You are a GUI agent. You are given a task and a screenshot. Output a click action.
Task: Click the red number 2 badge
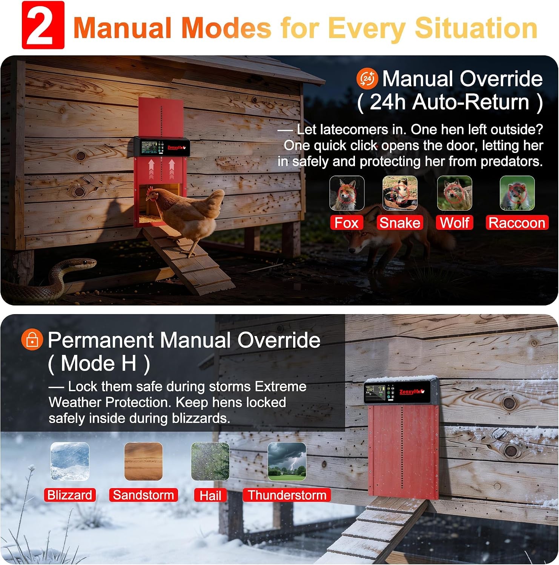point(43,25)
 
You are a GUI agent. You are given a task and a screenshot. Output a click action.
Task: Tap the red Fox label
point(346,223)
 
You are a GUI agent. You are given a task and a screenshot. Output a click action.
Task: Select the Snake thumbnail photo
point(400,193)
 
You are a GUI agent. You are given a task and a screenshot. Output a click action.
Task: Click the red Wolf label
point(455,223)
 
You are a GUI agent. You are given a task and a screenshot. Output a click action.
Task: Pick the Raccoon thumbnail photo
point(517,193)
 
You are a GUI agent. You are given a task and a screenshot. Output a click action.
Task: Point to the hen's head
point(152,194)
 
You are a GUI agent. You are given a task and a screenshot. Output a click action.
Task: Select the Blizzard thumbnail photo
point(70,461)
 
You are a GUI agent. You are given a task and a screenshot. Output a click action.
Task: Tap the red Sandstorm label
point(143,495)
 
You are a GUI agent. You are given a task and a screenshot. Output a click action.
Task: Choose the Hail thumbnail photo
point(210,461)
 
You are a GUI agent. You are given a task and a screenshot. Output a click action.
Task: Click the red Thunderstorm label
point(287,495)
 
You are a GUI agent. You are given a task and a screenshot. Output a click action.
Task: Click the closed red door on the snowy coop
point(404,452)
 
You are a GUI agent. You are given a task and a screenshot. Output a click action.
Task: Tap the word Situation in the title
point(476,28)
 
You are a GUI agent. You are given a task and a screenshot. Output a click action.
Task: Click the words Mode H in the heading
point(99,363)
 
